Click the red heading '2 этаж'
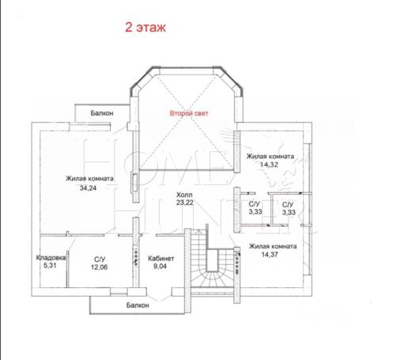145,28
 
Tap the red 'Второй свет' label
189,113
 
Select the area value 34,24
88,188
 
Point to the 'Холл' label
184,195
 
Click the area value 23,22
185,203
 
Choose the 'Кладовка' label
51,258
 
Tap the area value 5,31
50,265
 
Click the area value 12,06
100,267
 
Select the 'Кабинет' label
161,259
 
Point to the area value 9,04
160,266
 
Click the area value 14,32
269,165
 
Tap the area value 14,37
270,255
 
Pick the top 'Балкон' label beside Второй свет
102,113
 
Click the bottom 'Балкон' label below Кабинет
138,305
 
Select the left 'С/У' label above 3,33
255,204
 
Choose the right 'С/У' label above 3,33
288,205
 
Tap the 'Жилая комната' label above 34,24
89,179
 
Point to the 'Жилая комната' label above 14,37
273,247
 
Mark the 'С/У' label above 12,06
100,260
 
